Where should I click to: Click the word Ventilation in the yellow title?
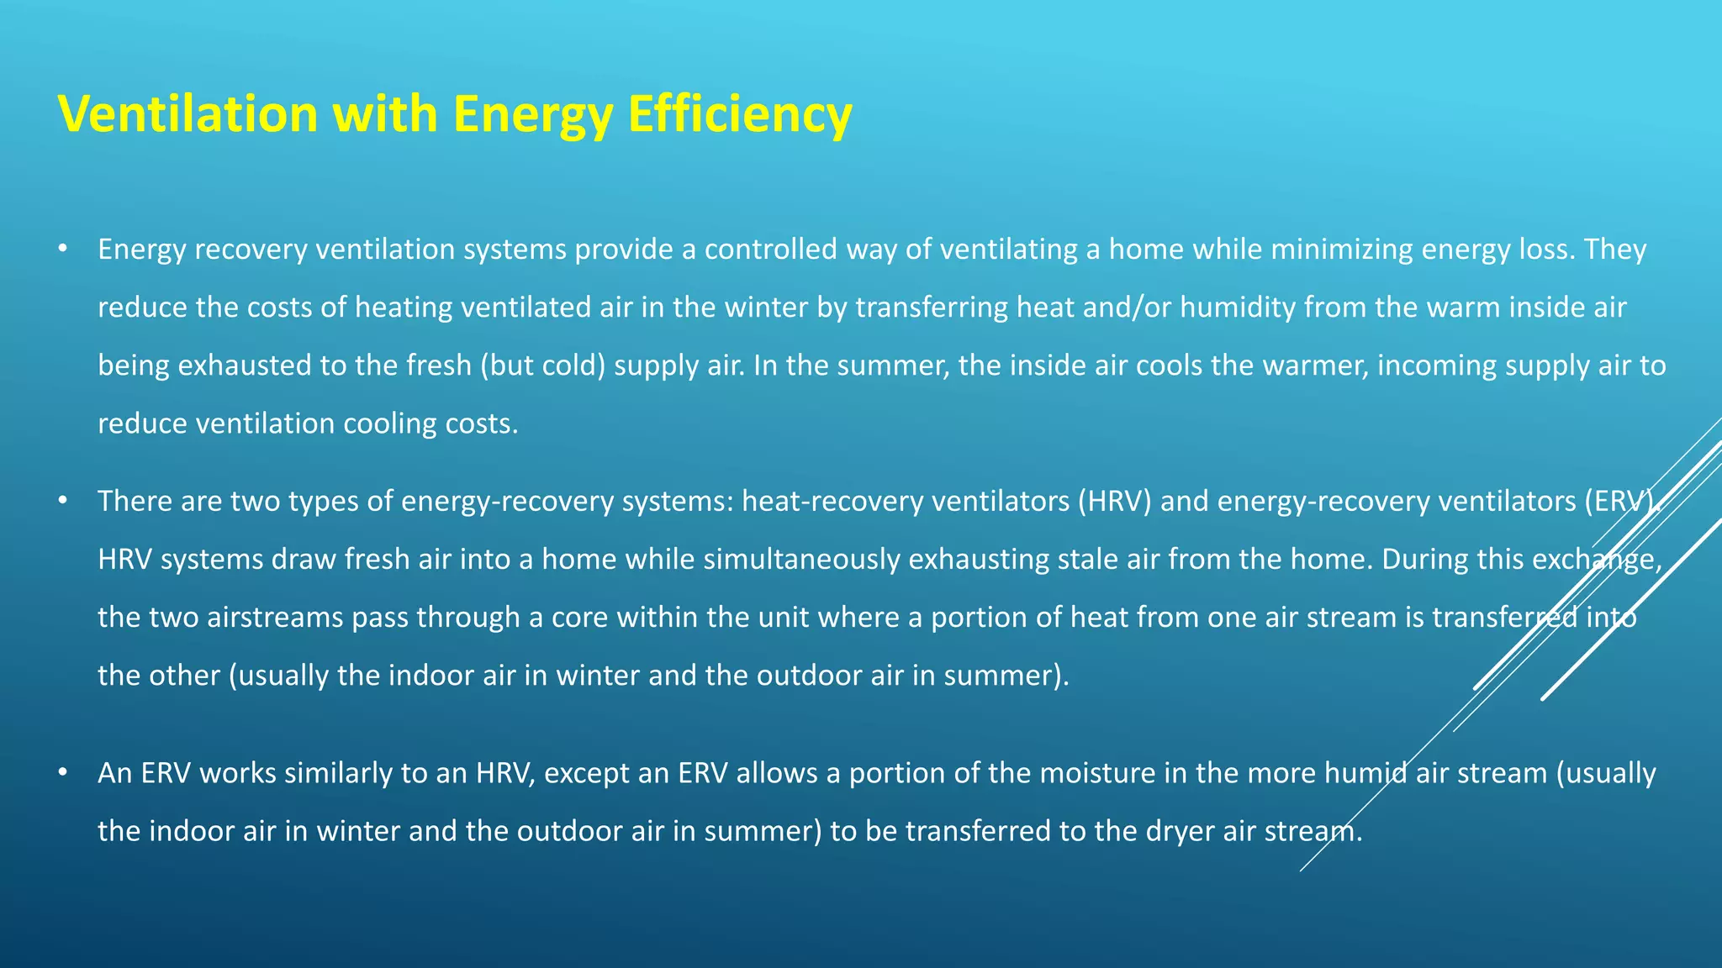188,113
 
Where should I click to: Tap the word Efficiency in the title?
740,113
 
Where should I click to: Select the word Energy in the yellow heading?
532,115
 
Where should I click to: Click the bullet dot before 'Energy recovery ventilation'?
62,249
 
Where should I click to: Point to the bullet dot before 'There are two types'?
62,501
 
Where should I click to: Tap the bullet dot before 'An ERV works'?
62,772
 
